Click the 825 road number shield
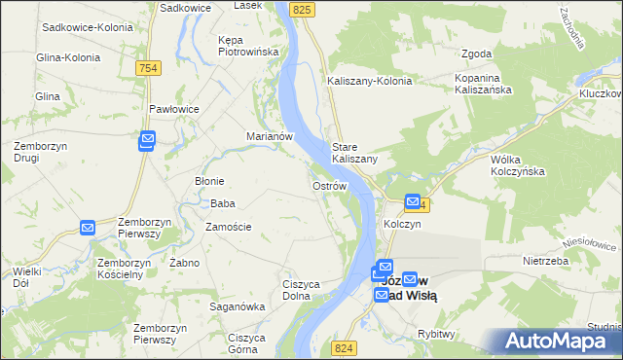coord(303,9)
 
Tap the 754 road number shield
coord(149,67)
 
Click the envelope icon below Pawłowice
coord(147,141)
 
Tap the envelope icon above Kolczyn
coord(412,203)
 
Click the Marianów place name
coord(270,136)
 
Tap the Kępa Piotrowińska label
coord(248,46)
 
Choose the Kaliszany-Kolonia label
coord(371,81)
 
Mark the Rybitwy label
coord(435,334)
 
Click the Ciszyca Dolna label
coord(302,290)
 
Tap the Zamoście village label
coord(229,227)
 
